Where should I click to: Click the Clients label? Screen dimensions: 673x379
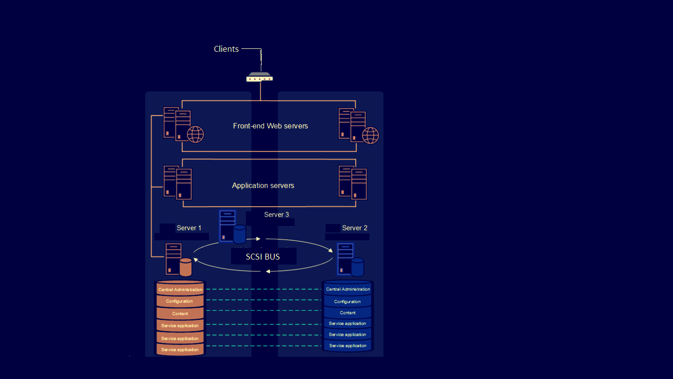tap(226, 49)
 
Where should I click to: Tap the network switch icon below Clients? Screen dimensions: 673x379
tap(260, 77)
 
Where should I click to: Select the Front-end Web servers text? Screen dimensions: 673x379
tap(270, 126)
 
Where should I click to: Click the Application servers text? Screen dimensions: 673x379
tap(263, 186)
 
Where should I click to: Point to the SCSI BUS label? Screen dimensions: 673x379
tap(263, 257)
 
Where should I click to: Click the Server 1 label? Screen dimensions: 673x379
tap(189, 228)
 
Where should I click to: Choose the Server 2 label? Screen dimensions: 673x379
tap(355, 228)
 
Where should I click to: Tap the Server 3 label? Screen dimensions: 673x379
tap(276, 215)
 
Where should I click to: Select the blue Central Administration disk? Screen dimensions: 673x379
tap(348, 288)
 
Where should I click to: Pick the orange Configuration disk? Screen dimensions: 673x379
tap(180, 301)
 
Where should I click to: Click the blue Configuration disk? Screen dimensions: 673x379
tap(348, 301)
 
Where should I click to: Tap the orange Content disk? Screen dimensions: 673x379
tap(180, 313)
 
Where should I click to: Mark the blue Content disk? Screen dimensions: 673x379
tap(348, 312)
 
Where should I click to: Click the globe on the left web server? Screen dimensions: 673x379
tap(195, 134)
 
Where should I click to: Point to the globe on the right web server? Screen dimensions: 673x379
tap(370, 135)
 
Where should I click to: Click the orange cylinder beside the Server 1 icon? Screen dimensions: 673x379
tap(185, 267)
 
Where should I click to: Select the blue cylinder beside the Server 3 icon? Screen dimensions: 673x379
tap(239, 234)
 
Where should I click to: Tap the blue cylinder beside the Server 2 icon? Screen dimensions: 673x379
tap(358, 267)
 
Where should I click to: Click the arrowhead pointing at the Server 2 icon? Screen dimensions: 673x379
tap(331, 251)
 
